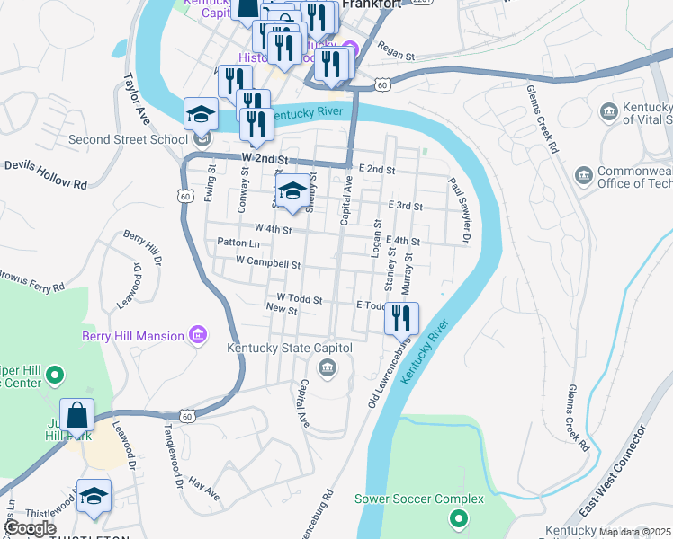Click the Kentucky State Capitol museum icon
pyautogui.click(x=327, y=367)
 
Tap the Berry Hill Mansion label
pyautogui.click(x=132, y=336)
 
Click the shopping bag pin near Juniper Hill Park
pyautogui.click(x=77, y=415)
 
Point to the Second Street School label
pyautogui.click(x=129, y=139)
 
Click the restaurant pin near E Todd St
pyautogui.click(x=401, y=317)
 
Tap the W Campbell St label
pyautogui.click(x=267, y=264)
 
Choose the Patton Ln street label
pyautogui.click(x=238, y=243)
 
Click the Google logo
pyautogui.click(x=30, y=528)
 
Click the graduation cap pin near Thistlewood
pyautogui.click(x=94, y=497)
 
